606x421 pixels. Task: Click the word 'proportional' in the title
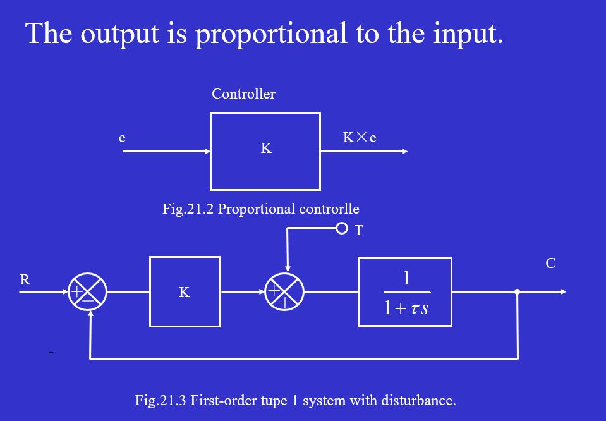pyautogui.click(x=271, y=33)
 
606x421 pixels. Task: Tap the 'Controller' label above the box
pyautogui.click(x=243, y=94)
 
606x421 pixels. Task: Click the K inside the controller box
pyautogui.click(x=266, y=149)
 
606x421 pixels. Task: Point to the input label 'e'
pyautogui.click(x=122, y=138)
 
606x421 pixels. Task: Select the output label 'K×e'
pyautogui.click(x=360, y=137)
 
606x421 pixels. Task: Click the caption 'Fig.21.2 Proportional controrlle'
pyautogui.click(x=260, y=209)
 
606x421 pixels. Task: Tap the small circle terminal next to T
pyautogui.click(x=342, y=228)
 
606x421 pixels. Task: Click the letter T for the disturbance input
pyautogui.click(x=358, y=230)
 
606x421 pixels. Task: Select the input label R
pyautogui.click(x=25, y=279)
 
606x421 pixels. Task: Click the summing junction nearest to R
pyautogui.click(x=88, y=292)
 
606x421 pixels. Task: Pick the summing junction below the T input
pyautogui.click(x=284, y=292)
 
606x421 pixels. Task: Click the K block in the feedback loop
pyautogui.click(x=185, y=292)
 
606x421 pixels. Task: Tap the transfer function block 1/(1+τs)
pyautogui.click(x=404, y=292)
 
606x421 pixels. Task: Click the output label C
pyautogui.click(x=550, y=264)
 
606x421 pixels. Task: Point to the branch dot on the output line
pyautogui.click(x=518, y=292)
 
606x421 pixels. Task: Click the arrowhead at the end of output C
pyautogui.click(x=562, y=292)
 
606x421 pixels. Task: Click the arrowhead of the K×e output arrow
pyautogui.click(x=404, y=152)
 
